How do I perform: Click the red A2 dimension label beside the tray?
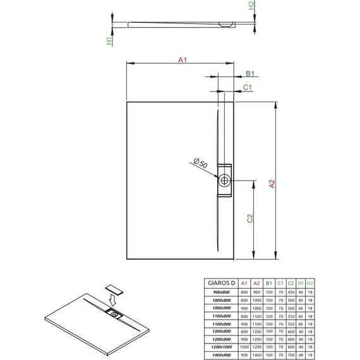272,184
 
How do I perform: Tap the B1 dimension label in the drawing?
250,75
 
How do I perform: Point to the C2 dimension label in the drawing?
250,219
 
